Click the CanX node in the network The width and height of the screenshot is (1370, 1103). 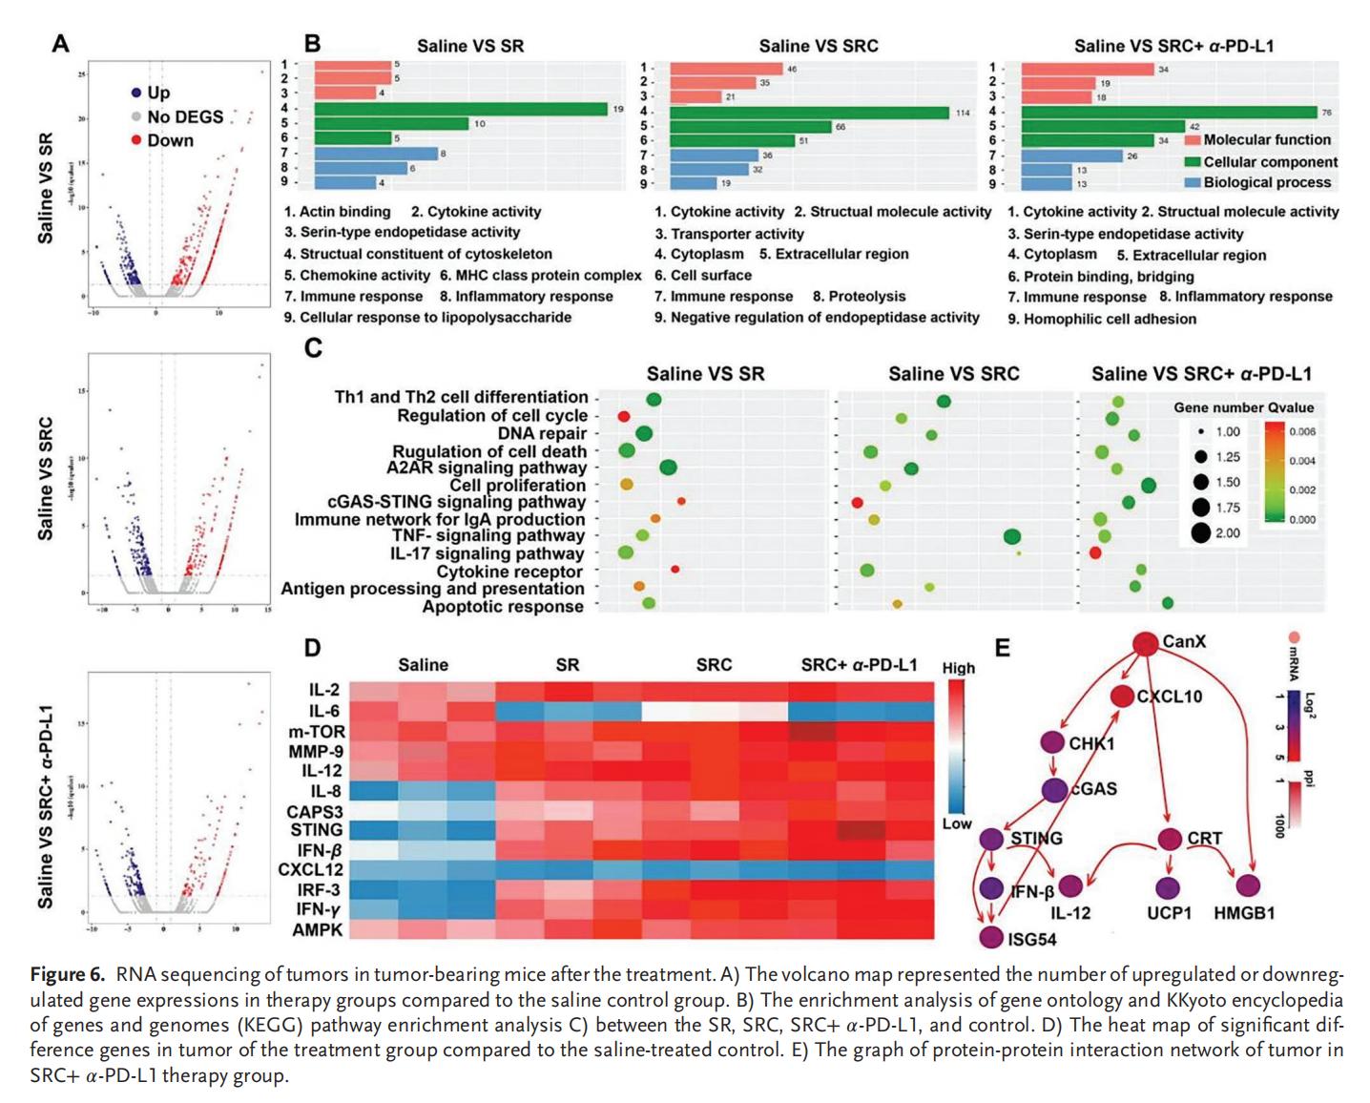click(x=1145, y=642)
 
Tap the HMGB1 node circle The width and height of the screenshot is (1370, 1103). click(x=1248, y=886)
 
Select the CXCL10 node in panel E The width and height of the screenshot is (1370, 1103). click(x=1122, y=697)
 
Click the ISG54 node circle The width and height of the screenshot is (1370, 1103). click(x=991, y=938)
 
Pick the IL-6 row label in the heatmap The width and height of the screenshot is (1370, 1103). click(x=323, y=711)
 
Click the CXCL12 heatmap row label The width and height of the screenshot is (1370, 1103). click(x=310, y=869)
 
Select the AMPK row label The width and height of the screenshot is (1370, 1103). click(x=317, y=929)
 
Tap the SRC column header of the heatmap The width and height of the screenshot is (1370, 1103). click(x=714, y=665)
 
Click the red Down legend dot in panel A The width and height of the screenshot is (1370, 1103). click(x=136, y=140)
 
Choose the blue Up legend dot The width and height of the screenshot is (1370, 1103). click(x=136, y=93)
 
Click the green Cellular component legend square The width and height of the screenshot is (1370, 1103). click(x=1192, y=162)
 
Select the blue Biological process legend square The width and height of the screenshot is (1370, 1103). click(x=1192, y=182)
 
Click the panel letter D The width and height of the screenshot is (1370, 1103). click(x=313, y=649)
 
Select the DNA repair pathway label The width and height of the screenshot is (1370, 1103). click(x=542, y=433)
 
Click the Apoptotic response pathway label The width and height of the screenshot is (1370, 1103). click(x=503, y=606)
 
